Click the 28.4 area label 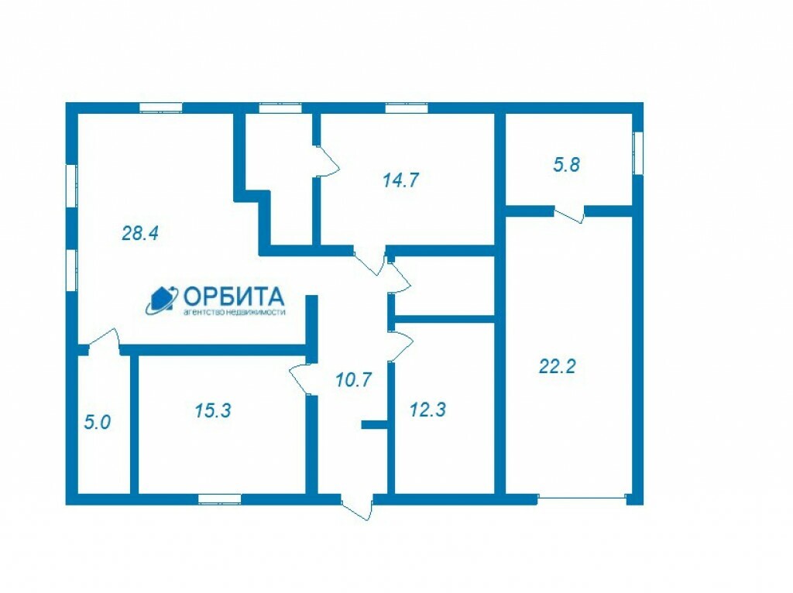coord(140,233)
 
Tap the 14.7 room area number coord(400,180)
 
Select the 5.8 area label coord(566,164)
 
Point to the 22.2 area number coord(557,366)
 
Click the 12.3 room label coord(427,410)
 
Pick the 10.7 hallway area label coord(353,379)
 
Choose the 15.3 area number coord(212,410)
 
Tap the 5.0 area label coord(97,422)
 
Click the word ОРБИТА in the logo coord(233,296)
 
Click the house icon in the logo coord(162,300)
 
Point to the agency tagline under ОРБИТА coord(234,312)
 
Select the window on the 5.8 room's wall coord(638,153)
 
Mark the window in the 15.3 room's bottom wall coord(219,499)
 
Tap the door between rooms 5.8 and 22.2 coord(569,214)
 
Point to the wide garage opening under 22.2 coord(582,498)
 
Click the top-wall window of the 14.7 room coord(407,108)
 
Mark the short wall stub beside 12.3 coord(374,425)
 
